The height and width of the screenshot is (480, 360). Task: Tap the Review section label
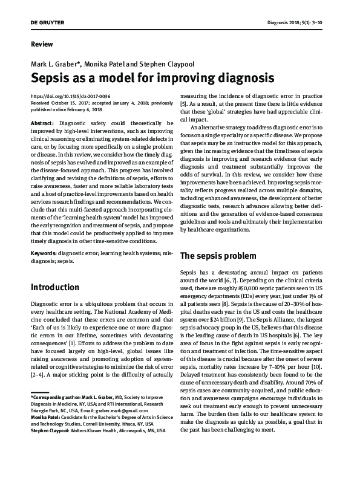point(42,44)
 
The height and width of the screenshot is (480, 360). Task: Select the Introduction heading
point(55,287)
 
